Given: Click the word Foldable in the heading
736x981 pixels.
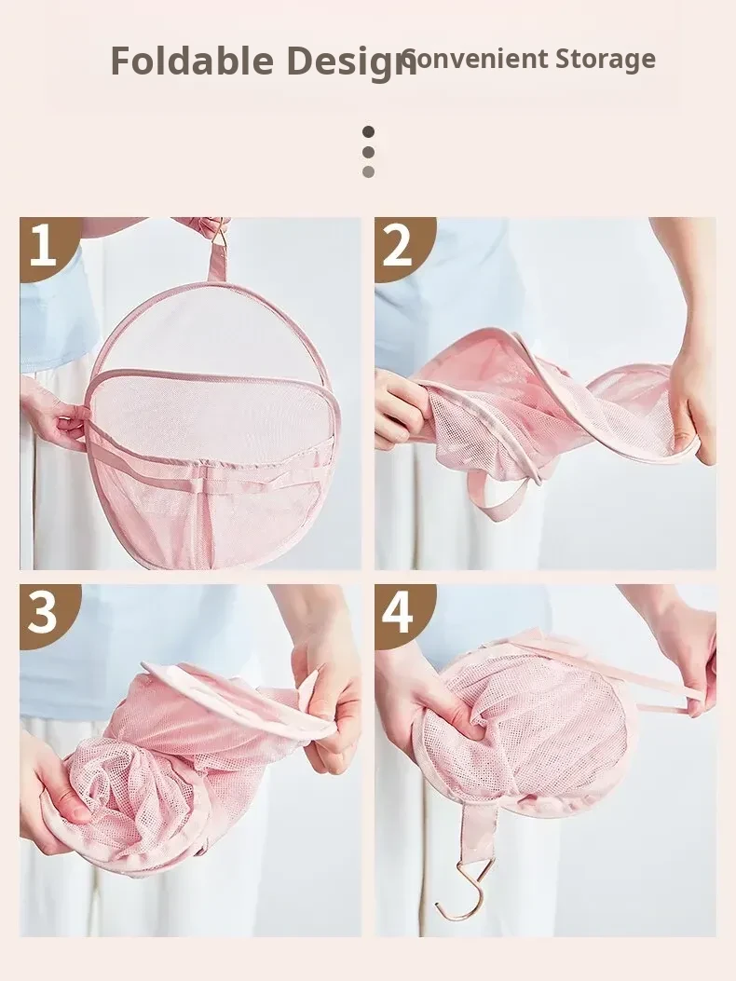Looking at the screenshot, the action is tap(192, 61).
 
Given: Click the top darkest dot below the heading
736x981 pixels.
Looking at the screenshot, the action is tap(369, 131).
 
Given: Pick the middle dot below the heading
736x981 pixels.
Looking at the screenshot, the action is tap(369, 152).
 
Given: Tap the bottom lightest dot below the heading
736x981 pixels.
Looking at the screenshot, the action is tap(369, 171).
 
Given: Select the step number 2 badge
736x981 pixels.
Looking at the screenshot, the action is tap(402, 245).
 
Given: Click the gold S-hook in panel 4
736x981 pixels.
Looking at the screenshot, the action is tap(462, 890).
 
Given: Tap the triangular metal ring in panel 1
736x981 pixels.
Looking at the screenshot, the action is tap(219, 236).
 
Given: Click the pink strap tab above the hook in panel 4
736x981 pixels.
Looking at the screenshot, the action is tap(479, 832).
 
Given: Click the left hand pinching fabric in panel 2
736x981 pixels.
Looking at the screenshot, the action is tap(403, 407).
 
